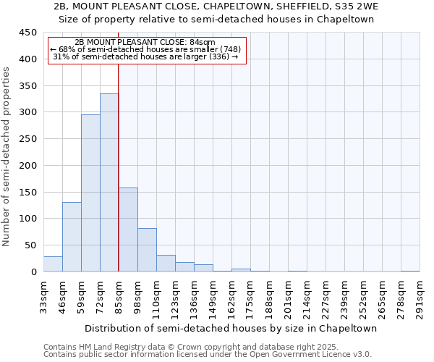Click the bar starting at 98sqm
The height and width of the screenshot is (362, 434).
147,250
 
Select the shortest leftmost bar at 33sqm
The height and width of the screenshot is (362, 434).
53,264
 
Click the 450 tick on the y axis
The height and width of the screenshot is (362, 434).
28,33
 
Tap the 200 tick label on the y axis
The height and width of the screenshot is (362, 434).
28,166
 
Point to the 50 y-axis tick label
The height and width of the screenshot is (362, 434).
30,245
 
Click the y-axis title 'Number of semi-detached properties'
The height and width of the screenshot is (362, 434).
7,156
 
